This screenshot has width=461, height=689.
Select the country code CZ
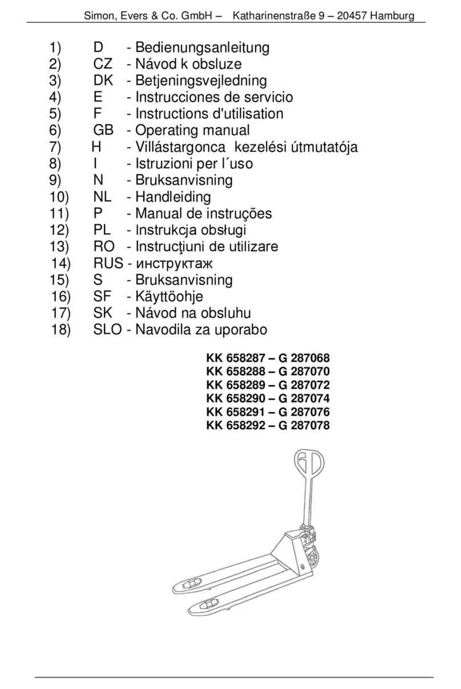pos(103,64)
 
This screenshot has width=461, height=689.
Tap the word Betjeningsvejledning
pos(201,81)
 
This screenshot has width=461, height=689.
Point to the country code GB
pos(103,130)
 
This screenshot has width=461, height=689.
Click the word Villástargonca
pos(180,147)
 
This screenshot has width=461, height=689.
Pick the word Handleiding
pos(173,197)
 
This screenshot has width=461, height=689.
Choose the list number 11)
pos(59,213)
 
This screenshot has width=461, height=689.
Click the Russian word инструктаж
pos(174,264)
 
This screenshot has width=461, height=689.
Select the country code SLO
pos(108,330)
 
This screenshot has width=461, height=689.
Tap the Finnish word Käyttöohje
pos(169,297)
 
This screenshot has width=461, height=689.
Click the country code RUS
pos(108,263)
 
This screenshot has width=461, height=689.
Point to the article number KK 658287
pos(236,358)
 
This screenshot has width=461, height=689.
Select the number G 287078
pos(304,425)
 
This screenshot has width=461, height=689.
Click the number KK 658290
pos(236,398)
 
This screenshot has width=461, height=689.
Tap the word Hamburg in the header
pos(392,15)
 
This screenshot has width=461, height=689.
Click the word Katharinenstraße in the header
pos(274,15)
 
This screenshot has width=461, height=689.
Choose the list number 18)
pos(60,330)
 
